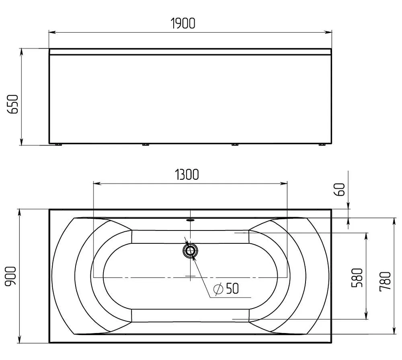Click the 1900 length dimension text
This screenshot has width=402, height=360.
click(183, 23)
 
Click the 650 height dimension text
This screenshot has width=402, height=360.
click(13, 104)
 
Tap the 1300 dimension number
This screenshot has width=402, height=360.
click(187, 175)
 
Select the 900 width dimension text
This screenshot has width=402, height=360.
click(11, 276)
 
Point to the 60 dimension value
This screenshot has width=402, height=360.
click(340, 189)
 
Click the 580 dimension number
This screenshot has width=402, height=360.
click(357, 278)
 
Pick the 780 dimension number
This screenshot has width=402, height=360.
click(385, 281)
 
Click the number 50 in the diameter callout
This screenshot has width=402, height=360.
click(232, 288)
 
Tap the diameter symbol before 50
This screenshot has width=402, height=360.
click(218, 289)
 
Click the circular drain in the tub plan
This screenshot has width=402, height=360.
click(190, 251)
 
